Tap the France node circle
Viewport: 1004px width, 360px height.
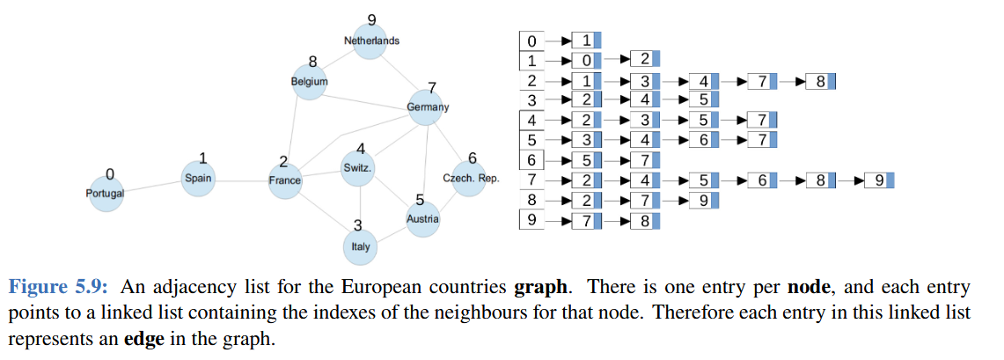coord(284,180)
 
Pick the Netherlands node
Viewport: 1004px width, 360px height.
coord(371,41)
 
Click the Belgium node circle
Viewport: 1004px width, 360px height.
coord(309,82)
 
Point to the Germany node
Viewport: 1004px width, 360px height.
coord(427,107)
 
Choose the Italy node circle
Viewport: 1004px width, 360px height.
coord(360,246)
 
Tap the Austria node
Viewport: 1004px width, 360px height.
coord(422,218)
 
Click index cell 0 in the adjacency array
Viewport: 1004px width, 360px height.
coord(531,41)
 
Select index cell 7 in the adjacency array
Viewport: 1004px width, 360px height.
coord(531,180)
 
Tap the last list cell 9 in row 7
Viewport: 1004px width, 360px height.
coord(878,180)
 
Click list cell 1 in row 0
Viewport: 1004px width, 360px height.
coord(585,41)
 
